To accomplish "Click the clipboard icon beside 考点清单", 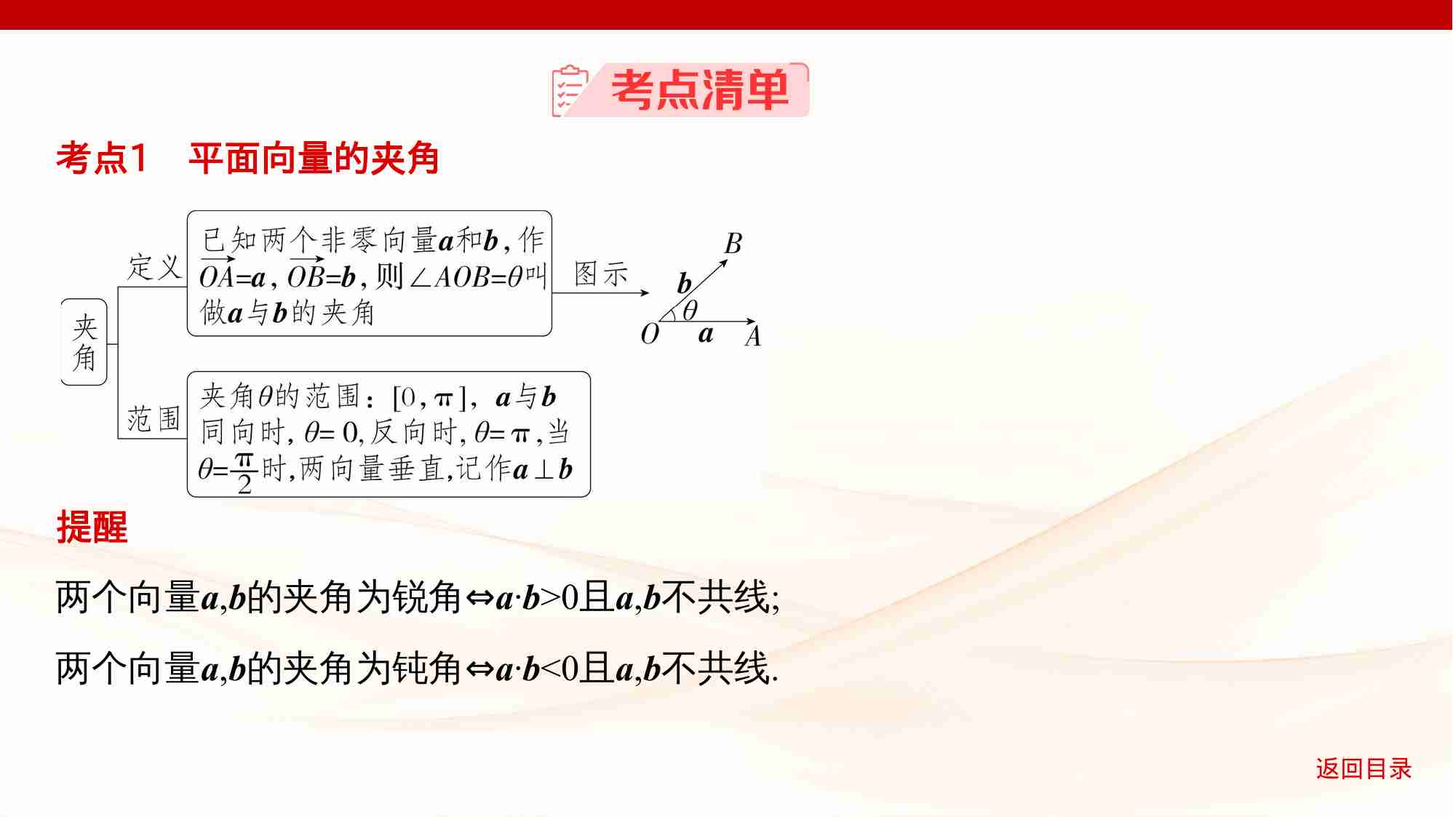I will coord(570,91).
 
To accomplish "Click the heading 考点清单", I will coord(699,91).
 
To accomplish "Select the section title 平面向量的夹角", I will coord(314,159).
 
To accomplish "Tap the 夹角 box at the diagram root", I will coord(84,343).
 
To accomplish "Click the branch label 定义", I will coord(154,267).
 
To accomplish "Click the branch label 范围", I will coord(154,419).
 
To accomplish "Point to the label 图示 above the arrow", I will coord(601,275).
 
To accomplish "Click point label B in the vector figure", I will coord(733,244).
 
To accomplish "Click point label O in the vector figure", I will coord(650,335).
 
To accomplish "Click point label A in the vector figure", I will coord(753,337).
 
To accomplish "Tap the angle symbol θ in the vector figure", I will coord(690,311).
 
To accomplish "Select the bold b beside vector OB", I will coord(684,283).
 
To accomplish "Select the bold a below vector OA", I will coord(705,335).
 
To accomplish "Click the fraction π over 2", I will coord(244,473).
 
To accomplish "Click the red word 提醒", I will coord(92,527).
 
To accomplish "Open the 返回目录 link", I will coord(1363,769).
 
